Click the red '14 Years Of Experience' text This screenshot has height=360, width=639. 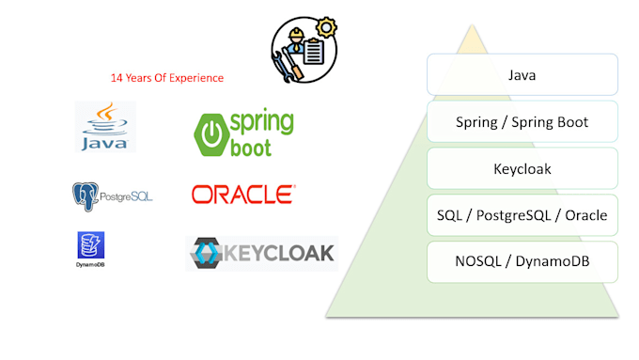(x=167, y=78)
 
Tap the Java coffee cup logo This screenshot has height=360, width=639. (x=105, y=126)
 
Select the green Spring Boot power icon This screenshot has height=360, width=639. (x=211, y=135)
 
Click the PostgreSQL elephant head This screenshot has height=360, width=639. (x=86, y=196)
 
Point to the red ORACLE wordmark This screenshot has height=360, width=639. (x=243, y=195)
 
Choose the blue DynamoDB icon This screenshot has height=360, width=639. (x=91, y=245)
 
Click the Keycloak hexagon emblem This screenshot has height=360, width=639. (x=206, y=253)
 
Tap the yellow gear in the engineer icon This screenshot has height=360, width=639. (x=326, y=27)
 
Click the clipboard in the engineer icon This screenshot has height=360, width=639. (x=313, y=52)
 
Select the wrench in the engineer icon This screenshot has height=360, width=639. (x=282, y=66)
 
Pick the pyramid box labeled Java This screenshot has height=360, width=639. (x=522, y=74)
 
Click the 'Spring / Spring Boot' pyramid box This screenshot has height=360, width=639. (x=522, y=121)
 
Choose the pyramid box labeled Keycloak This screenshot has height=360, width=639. (x=522, y=168)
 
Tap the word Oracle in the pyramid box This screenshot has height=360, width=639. (x=586, y=215)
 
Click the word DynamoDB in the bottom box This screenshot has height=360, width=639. (x=553, y=261)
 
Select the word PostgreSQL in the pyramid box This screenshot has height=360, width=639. (x=513, y=215)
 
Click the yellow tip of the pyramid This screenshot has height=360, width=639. (x=472, y=39)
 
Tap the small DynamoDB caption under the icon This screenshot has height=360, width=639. (x=90, y=265)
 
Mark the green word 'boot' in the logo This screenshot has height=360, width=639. (x=251, y=148)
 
